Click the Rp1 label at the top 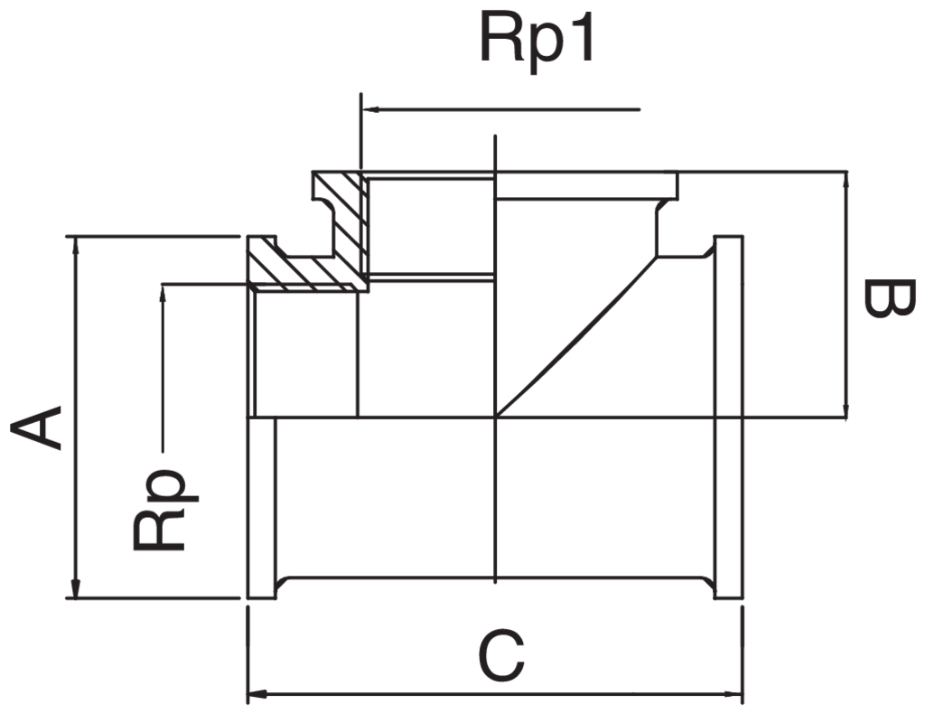pos(537,38)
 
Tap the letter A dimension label pos(36,427)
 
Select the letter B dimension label pos(889,298)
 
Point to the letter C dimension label pos(502,654)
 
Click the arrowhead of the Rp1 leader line pos(369,109)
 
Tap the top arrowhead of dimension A pos(75,246)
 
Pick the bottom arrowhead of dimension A pos(75,588)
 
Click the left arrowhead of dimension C pos(257,693)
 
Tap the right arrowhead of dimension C pos(733,693)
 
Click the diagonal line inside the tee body pos(577,337)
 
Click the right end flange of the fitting pos(729,418)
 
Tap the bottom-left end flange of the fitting pos(261,508)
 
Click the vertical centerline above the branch pos(496,153)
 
